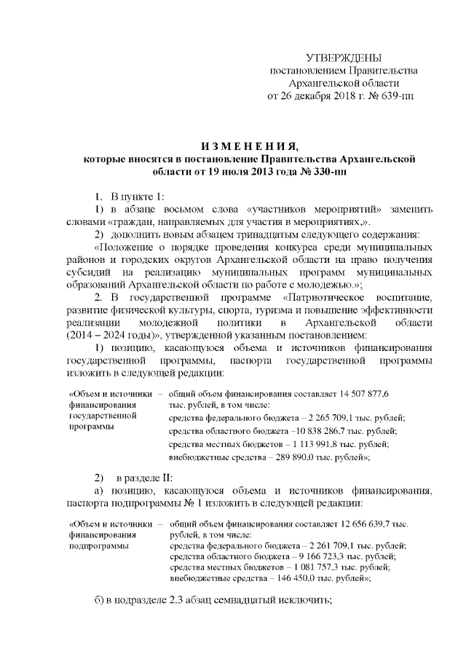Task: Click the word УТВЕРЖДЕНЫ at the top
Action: click(x=344, y=58)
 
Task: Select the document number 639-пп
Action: click(x=398, y=95)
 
